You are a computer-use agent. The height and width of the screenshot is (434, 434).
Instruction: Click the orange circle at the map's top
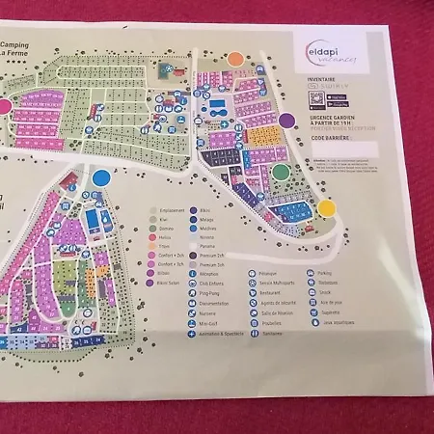point(234,58)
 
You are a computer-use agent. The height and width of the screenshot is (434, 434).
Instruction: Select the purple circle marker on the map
point(286,121)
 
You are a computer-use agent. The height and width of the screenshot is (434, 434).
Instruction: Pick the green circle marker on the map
point(281,173)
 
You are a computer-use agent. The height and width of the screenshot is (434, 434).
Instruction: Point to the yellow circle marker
point(327,207)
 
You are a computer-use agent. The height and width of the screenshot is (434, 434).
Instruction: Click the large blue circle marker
point(101,178)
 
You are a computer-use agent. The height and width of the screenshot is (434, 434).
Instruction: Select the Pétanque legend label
point(270,273)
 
